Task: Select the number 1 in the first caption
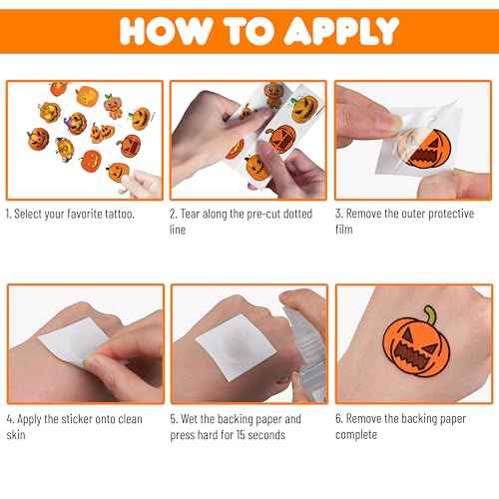tap(9, 215)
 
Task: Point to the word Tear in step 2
tap(196, 215)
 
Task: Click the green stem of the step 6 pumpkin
tap(430, 314)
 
